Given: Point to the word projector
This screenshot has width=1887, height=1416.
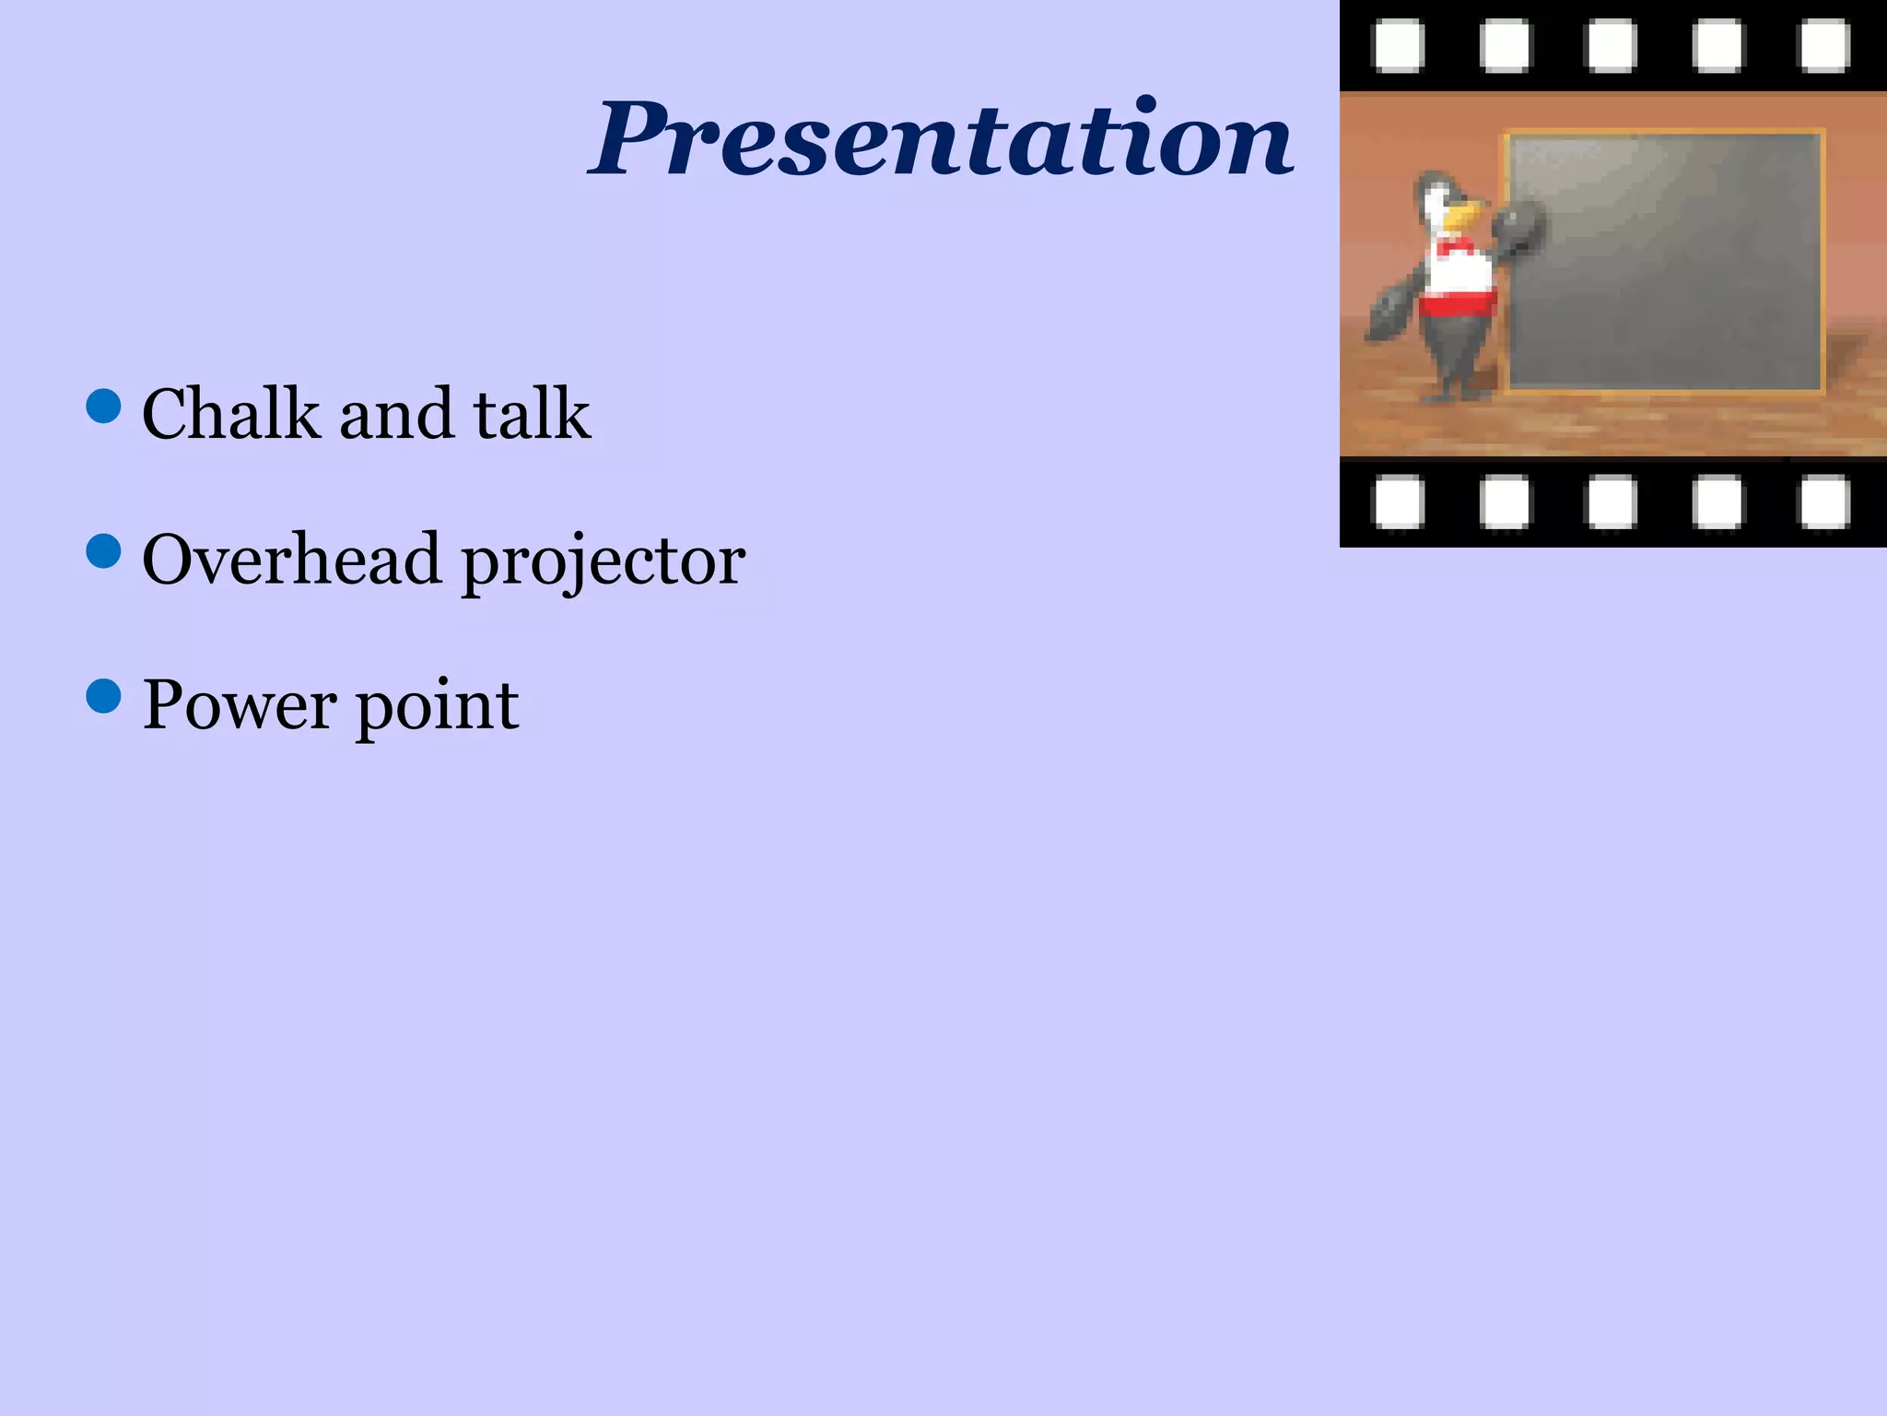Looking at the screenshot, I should pyautogui.click(x=603, y=562).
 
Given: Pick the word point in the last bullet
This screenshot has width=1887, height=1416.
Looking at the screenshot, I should pyautogui.click(x=437, y=708).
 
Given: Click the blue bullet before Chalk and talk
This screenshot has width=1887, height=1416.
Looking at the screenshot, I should pyautogui.click(x=103, y=406).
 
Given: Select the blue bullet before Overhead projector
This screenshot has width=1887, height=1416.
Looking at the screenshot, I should pyautogui.click(x=103, y=551).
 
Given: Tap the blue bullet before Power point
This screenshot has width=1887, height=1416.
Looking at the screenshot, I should pyautogui.click(x=103, y=697).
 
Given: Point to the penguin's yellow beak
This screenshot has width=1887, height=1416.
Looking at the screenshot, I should pyautogui.click(x=1464, y=217).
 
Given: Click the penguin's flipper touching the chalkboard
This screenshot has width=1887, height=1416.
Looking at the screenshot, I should pyautogui.click(x=1517, y=228).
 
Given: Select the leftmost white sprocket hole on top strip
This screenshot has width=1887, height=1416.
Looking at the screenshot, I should pyautogui.click(x=1399, y=46).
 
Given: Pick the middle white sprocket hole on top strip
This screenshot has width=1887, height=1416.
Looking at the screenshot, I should pyautogui.click(x=1612, y=46).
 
